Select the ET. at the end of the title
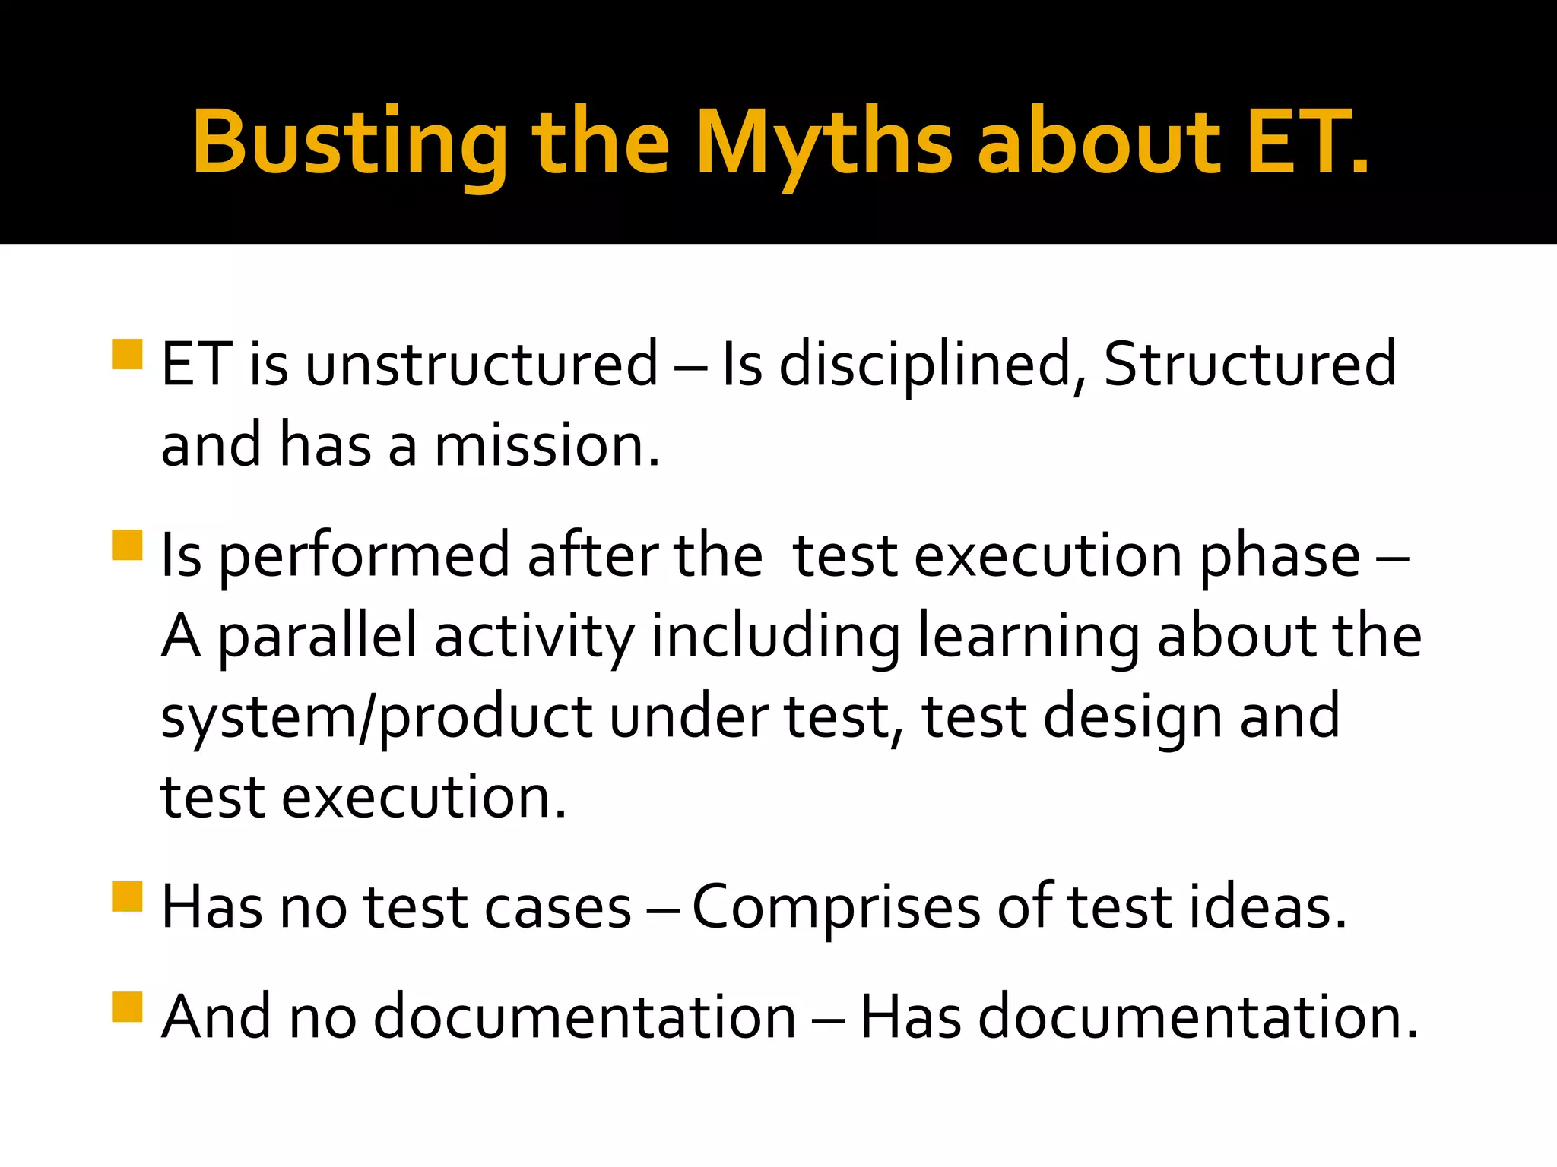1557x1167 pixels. (1308, 142)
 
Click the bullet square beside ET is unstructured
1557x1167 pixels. (127, 354)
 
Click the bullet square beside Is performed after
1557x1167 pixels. (127, 545)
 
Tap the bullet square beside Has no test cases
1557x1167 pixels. (127, 896)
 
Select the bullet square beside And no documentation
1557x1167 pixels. (127, 1007)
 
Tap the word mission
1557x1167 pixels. (546, 445)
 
